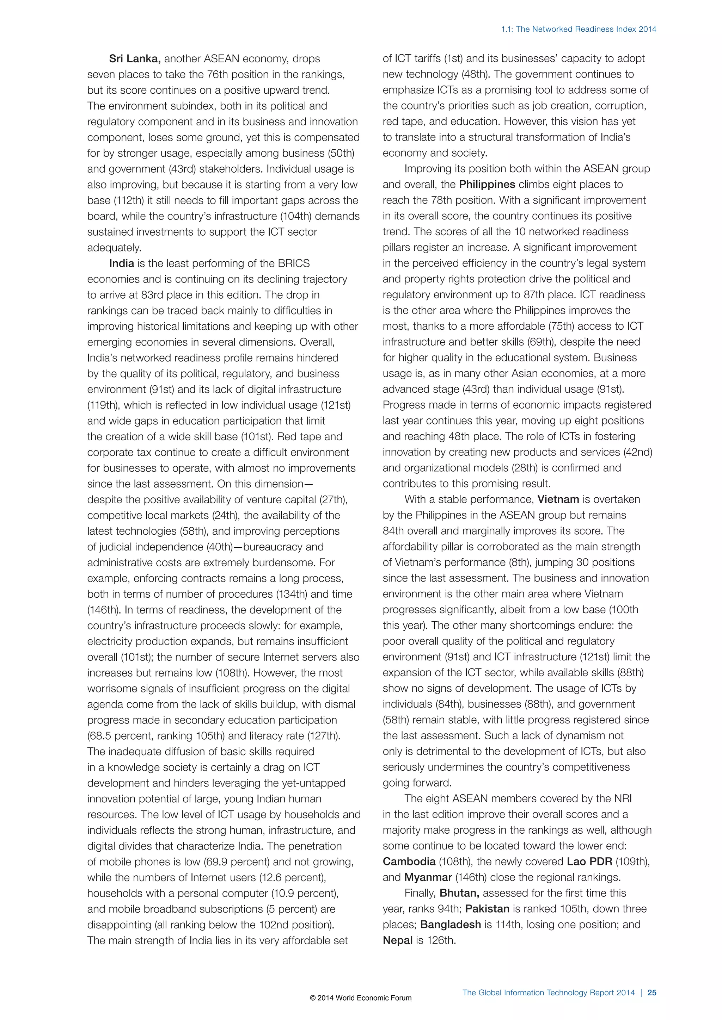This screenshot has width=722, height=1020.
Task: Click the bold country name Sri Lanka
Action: coord(135,58)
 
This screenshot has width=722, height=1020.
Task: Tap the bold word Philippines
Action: coord(487,184)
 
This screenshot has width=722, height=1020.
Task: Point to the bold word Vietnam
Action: coord(558,499)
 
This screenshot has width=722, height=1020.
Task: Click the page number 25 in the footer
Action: coord(652,993)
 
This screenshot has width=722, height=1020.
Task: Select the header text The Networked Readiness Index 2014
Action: coord(586,29)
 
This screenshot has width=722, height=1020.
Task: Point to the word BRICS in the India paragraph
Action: coord(293,263)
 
